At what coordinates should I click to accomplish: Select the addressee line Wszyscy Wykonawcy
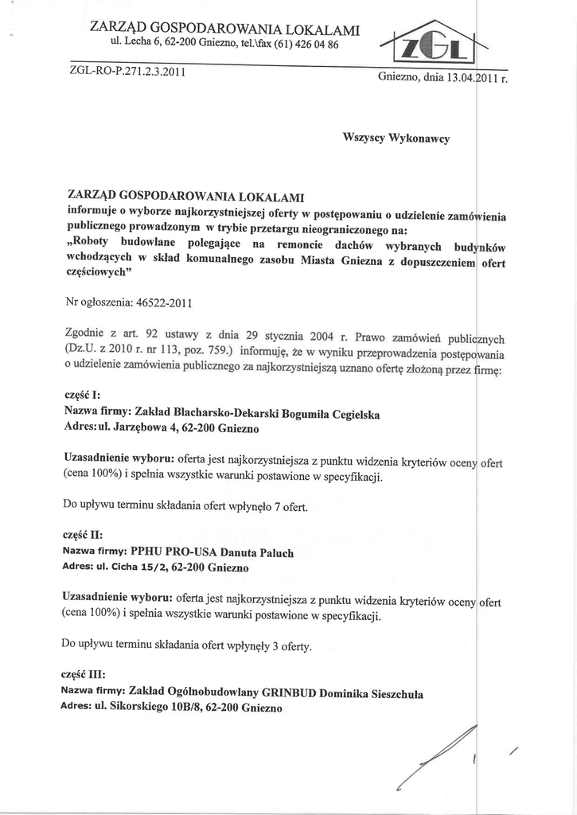pyautogui.click(x=396, y=138)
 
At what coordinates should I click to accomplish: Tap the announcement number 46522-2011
pyautogui.click(x=165, y=303)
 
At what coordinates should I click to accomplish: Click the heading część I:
pyautogui.click(x=81, y=396)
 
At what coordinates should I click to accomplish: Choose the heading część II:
pyautogui.click(x=83, y=535)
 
